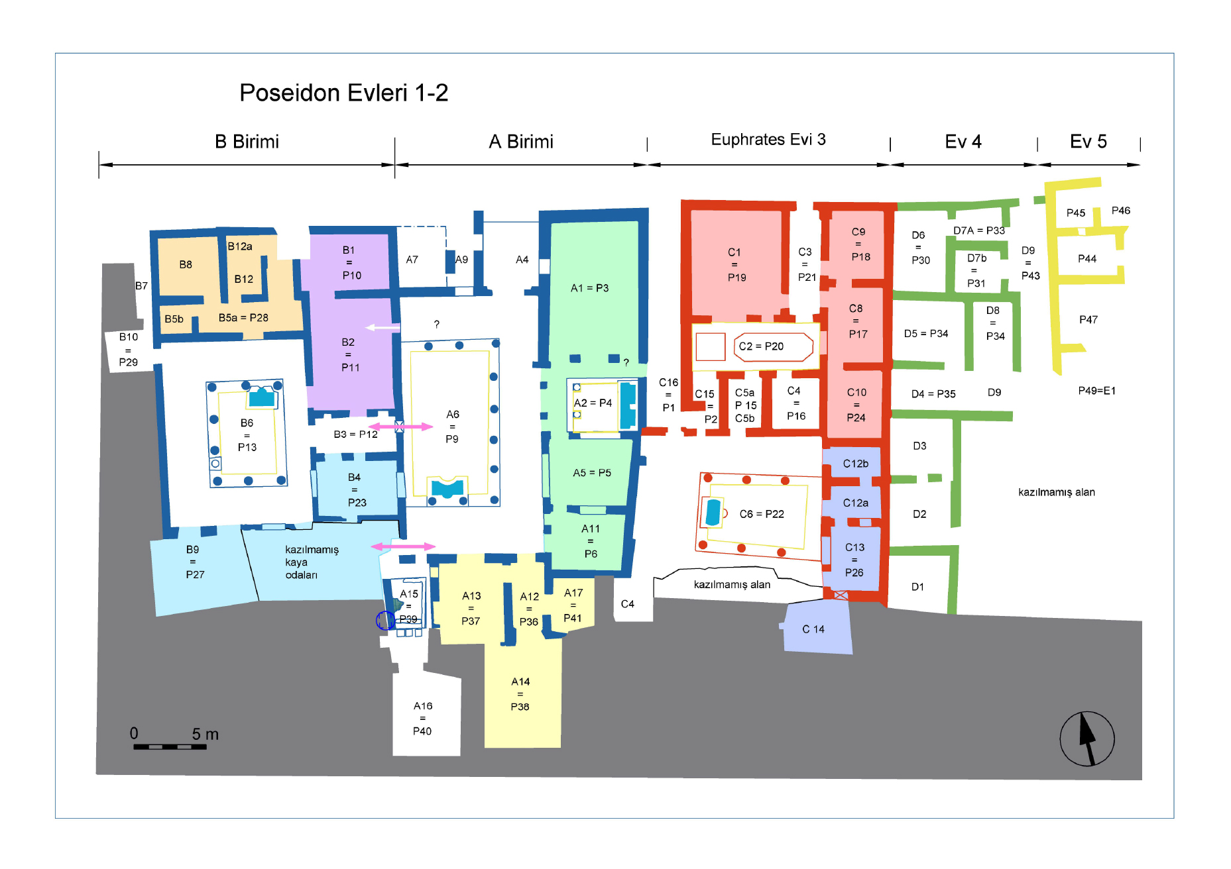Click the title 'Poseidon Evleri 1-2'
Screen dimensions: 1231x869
coord(343,93)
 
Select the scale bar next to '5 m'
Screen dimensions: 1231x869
coord(170,746)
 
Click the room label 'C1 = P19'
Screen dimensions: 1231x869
coord(736,265)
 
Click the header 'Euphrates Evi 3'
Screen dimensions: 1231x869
coord(768,140)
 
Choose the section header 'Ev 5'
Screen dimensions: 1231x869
coord(1088,142)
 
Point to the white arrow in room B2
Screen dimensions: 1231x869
coord(382,327)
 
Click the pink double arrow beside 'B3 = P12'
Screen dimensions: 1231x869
coord(400,427)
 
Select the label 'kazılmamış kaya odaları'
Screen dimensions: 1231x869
coord(312,562)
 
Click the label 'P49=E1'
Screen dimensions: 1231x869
coord(1096,391)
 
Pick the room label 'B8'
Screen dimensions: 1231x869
coord(186,264)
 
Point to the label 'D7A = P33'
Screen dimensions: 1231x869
coord(979,230)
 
